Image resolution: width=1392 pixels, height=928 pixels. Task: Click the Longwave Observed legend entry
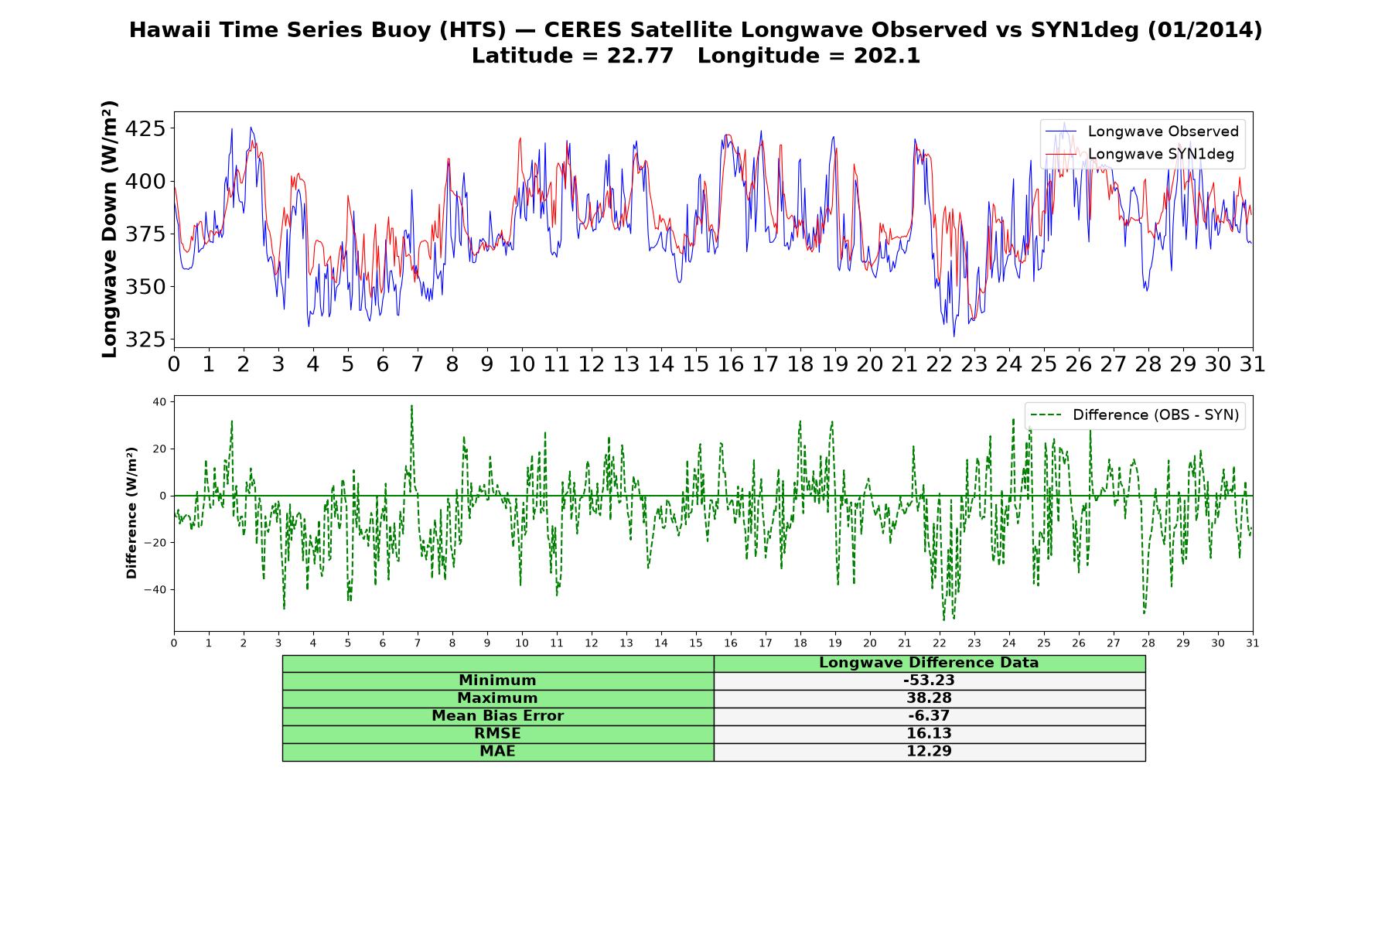[1141, 131]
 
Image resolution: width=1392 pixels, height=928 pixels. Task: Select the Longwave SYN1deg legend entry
[1140, 154]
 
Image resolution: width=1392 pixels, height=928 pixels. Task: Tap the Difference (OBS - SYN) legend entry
[1134, 415]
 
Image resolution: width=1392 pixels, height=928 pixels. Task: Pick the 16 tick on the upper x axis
[730, 364]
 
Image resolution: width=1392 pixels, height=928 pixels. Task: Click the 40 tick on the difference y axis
[159, 401]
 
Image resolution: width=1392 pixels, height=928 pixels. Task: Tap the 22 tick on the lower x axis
[939, 643]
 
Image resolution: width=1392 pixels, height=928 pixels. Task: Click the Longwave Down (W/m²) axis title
[109, 229]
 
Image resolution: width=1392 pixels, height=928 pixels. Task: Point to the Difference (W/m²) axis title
[131, 513]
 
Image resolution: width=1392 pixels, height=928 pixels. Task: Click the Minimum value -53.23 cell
[929, 681]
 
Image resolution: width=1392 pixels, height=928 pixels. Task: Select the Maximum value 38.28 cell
[929, 698]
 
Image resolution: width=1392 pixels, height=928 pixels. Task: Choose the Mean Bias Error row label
[497, 716]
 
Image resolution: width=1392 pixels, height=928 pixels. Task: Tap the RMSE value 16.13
[929, 734]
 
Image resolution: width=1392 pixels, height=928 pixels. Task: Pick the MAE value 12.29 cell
[929, 752]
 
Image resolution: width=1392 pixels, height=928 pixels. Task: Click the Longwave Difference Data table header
[929, 663]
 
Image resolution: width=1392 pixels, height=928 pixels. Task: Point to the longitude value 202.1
[887, 56]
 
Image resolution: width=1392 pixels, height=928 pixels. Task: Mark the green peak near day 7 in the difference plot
[411, 405]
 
